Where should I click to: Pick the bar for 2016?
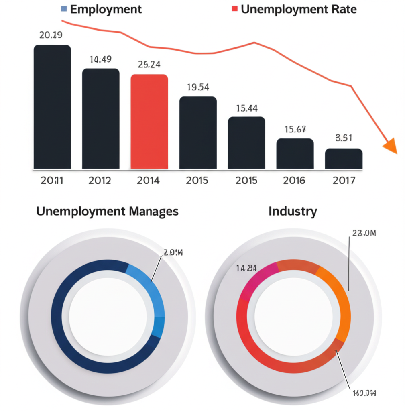click(x=295, y=154)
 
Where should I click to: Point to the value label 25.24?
click(x=149, y=65)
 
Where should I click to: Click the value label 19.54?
click(x=198, y=87)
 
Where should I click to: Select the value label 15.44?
click(x=246, y=108)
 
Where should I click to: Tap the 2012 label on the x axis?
click(x=100, y=180)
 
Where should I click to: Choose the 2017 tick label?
click(x=344, y=180)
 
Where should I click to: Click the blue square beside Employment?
click(x=63, y=9)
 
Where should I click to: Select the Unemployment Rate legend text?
click(x=299, y=9)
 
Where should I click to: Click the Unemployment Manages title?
click(x=107, y=211)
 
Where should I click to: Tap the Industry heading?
click(x=293, y=211)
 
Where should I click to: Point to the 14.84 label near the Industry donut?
click(x=246, y=268)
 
